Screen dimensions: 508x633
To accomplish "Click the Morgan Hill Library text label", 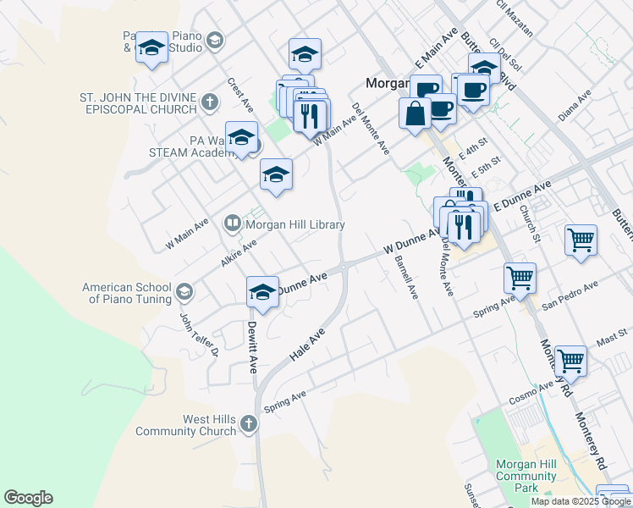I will (294, 224).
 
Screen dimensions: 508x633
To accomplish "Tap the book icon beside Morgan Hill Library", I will (232, 224).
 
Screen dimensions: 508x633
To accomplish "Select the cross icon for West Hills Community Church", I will (248, 423).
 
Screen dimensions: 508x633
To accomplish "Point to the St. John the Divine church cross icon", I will (210, 103).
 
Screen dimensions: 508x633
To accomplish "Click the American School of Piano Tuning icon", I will (184, 294).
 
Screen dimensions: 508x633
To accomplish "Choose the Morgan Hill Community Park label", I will (526, 476).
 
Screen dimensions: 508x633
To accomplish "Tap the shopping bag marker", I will (415, 113).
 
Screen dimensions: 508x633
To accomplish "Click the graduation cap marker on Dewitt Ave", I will (263, 293).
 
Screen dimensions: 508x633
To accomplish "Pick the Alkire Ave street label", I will (238, 253).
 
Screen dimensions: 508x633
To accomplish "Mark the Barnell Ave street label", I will (406, 279).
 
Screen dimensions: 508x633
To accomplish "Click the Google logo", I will (29, 498).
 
